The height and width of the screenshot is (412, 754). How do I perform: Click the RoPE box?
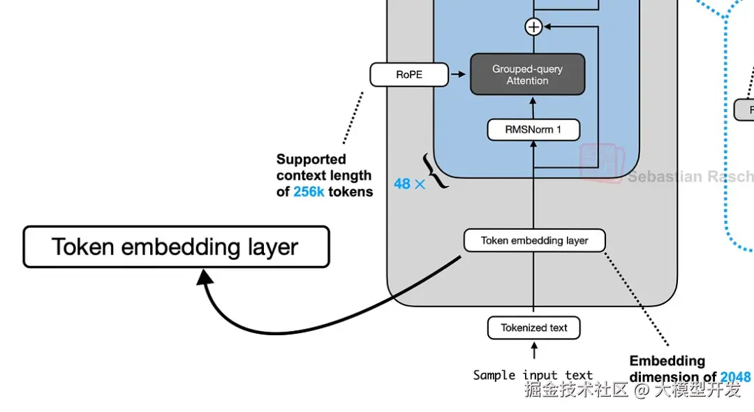point(409,75)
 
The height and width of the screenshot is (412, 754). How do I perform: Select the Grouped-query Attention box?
point(527,75)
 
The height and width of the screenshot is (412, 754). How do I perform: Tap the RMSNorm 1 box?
point(533,130)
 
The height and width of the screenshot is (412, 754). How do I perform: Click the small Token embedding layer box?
point(534,241)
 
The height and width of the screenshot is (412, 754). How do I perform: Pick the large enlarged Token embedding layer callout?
point(176,247)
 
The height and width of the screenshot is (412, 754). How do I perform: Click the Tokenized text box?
point(533,328)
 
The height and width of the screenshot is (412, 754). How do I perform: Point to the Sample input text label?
point(533,376)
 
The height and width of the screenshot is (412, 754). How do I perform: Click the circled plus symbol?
point(533,27)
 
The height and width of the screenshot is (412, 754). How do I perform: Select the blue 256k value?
point(309,192)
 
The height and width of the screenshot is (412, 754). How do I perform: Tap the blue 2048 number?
point(735,378)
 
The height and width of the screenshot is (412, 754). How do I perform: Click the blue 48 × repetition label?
point(409,184)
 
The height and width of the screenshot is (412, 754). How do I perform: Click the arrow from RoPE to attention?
point(458,75)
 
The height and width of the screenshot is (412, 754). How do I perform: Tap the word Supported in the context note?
point(311,159)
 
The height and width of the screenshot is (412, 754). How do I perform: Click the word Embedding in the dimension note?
point(667,361)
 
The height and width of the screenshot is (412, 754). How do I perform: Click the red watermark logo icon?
point(600,163)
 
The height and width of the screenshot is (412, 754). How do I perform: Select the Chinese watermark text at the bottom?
point(632,390)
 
